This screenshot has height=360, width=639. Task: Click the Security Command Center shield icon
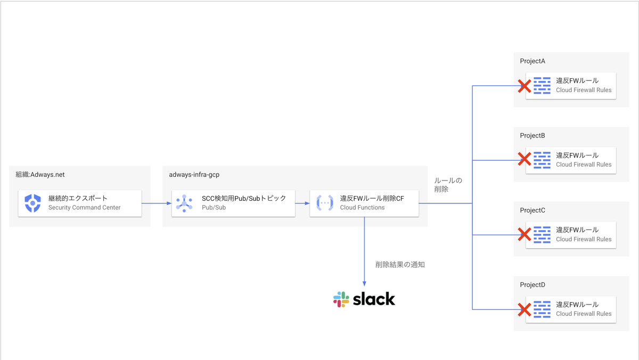33,203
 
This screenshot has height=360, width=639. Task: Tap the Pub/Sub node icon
184,203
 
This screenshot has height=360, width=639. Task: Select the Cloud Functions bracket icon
325,203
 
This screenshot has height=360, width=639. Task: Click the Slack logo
364,299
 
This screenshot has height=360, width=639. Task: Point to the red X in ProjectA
525,85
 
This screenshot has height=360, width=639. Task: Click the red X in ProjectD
525,309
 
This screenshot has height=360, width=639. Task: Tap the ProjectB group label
532,136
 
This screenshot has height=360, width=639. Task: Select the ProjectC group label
532,210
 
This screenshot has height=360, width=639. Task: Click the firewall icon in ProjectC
542,234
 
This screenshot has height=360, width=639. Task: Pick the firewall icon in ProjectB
542,160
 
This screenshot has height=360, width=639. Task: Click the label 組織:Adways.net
40,174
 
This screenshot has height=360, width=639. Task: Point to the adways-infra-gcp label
194,174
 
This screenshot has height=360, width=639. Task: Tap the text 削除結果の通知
400,265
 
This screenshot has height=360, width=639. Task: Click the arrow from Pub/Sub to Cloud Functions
302,203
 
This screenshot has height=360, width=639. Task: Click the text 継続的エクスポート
78,198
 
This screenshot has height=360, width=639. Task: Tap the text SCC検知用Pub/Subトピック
244,198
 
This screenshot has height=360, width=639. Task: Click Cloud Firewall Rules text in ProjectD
584,314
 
